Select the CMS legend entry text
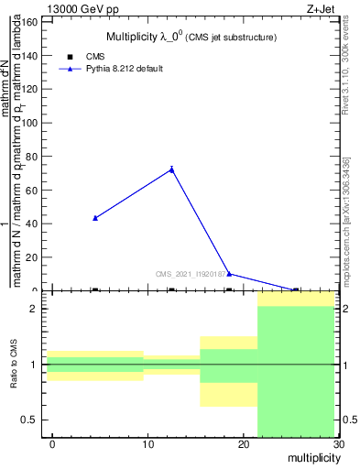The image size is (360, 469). pos(94,57)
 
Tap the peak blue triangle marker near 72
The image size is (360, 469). pos(171,169)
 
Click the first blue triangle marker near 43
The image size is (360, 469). pos(95,218)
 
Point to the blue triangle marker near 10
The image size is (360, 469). pos(229,274)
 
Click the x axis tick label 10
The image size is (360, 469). pos(147,444)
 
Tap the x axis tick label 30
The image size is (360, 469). pos(338,444)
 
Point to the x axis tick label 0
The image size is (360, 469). pos(52,444)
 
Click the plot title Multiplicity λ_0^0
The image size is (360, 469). pos(191,37)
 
